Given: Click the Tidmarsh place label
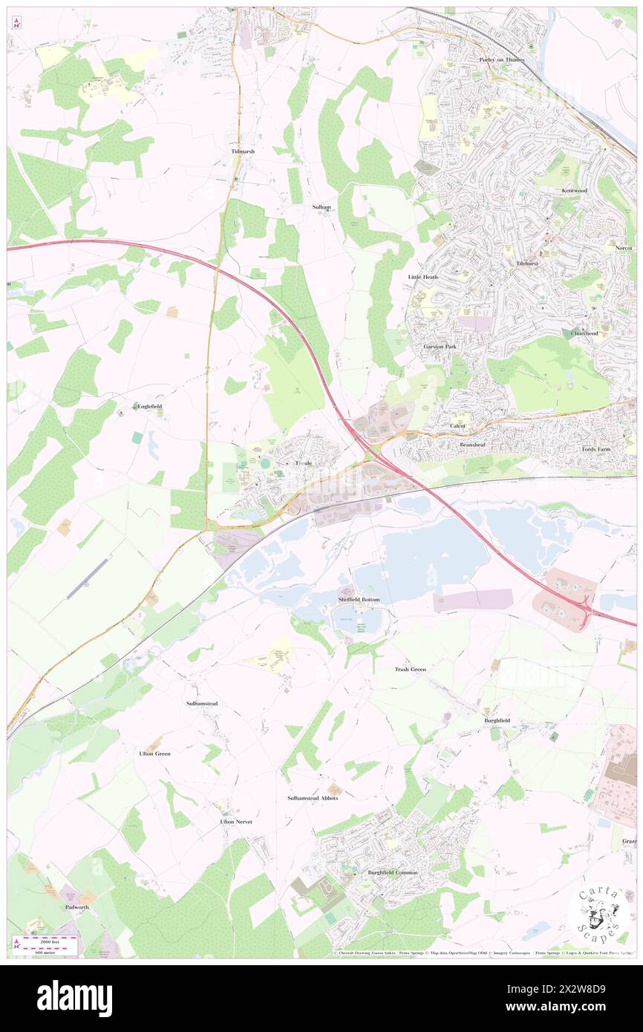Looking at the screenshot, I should pos(242,151).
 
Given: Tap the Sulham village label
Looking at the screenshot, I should pos(321,208).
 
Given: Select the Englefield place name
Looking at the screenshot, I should pos(148,406).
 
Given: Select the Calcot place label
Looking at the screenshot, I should pos(458,425).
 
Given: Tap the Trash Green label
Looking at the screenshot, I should pos(410,669).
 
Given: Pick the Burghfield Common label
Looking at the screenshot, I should pos(393,872).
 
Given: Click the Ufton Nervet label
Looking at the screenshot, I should pos(238,822).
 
